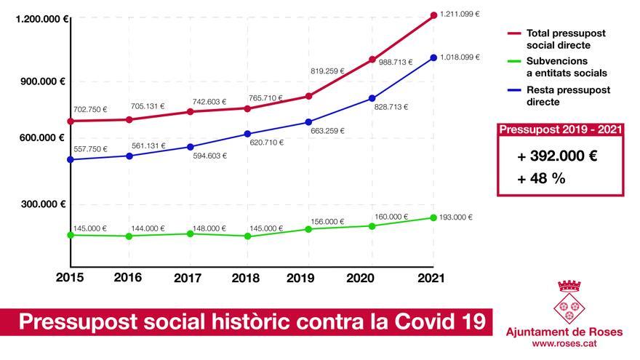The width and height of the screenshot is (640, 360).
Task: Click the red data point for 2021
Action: click(x=433, y=15)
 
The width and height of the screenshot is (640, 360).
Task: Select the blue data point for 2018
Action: click(x=247, y=134)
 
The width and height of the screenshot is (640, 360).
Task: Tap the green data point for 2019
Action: click(x=308, y=229)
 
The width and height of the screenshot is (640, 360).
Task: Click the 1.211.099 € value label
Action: click(x=460, y=14)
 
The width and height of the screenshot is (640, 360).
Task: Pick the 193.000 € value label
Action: click(x=458, y=217)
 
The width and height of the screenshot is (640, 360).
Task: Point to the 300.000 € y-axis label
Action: click(x=41, y=204)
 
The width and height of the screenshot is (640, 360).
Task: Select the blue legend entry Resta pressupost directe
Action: click(x=568, y=96)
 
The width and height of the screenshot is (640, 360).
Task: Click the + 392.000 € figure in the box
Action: click(x=557, y=156)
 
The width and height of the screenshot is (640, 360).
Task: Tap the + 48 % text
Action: click(x=541, y=179)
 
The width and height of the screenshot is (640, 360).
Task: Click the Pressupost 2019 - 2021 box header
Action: click(x=560, y=129)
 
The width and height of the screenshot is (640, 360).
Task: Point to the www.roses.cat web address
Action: click(x=565, y=343)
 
